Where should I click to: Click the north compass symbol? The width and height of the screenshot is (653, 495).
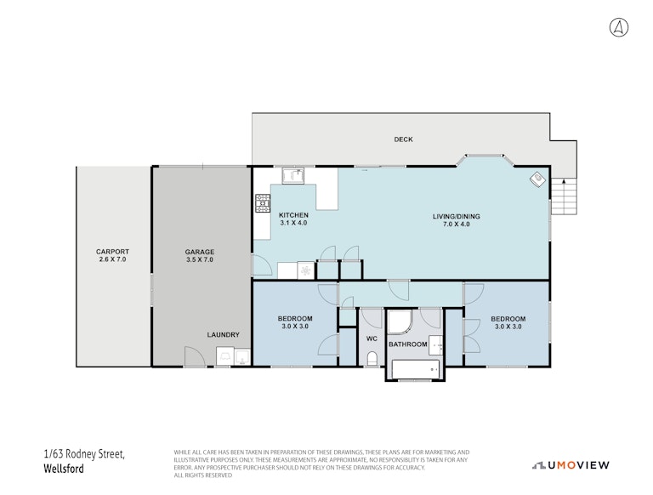[619, 27]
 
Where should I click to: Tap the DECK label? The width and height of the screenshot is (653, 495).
[403, 139]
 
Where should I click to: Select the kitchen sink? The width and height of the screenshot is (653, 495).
[293, 175]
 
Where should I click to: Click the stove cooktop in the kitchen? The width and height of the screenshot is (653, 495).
[263, 203]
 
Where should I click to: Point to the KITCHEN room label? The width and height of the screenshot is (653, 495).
[293, 215]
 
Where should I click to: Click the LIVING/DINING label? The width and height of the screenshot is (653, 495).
[456, 216]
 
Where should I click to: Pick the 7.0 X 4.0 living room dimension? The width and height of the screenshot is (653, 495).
[456, 225]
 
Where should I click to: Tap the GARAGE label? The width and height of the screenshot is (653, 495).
[200, 252]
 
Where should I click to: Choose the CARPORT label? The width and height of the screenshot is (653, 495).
[112, 252]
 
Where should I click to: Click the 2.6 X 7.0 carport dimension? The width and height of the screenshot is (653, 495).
[112, 259]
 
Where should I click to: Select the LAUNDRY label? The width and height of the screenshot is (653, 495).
[224, 334]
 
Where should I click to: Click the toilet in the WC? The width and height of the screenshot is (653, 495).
[372, 358]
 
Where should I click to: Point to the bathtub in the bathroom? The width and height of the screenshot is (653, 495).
[416, 369]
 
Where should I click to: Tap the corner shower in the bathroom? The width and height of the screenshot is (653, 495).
[400, 321]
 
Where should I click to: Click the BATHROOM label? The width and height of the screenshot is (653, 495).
[408, 344]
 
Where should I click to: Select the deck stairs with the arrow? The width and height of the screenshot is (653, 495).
[564, 196]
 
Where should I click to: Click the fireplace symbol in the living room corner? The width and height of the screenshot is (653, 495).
[537, 179]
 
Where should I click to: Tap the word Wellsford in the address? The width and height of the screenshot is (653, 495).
[64, 469]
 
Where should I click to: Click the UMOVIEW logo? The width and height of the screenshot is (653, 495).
[571, 465]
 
